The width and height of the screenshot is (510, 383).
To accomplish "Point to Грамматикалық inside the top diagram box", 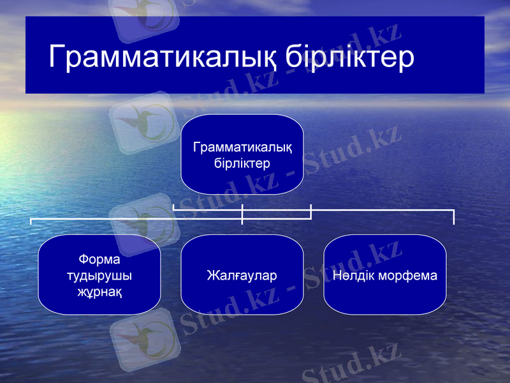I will tap(242, 148).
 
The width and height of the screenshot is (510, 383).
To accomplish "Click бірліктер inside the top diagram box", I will tap(242, 163).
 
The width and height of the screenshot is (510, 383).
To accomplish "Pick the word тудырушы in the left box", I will tap(99, 276).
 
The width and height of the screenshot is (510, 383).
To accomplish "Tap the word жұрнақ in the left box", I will tap(99, 292).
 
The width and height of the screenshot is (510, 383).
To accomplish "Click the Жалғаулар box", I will tap(242, 275).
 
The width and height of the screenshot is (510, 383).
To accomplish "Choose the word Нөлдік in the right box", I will tap(354, 276).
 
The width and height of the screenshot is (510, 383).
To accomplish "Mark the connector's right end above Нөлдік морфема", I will tap(453, 217).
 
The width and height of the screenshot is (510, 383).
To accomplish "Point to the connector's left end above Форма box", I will tap(31, 221).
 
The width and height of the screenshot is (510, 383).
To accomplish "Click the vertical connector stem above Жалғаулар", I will tap(242, 214).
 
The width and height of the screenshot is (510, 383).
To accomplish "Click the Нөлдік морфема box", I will tap(385, 275).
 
